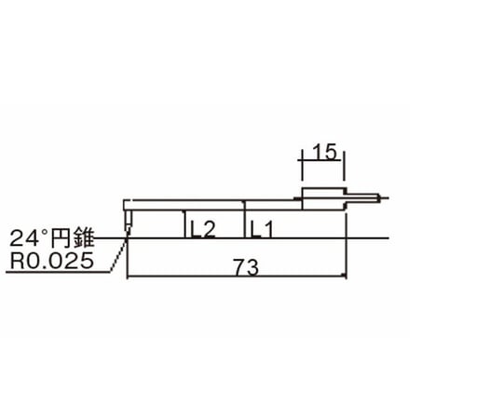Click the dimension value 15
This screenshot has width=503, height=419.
(322, 153)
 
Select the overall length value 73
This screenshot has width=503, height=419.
(243, 266)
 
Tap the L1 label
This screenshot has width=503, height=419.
(262, 228)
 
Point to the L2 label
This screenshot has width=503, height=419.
(201, 228)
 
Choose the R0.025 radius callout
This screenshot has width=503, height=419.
(51, 262)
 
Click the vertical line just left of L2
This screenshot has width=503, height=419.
(183, 224)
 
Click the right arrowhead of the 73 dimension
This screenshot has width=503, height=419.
(343, 277)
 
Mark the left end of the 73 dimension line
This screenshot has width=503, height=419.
(127, 277)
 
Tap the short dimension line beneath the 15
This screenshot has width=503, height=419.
(322, 164)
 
